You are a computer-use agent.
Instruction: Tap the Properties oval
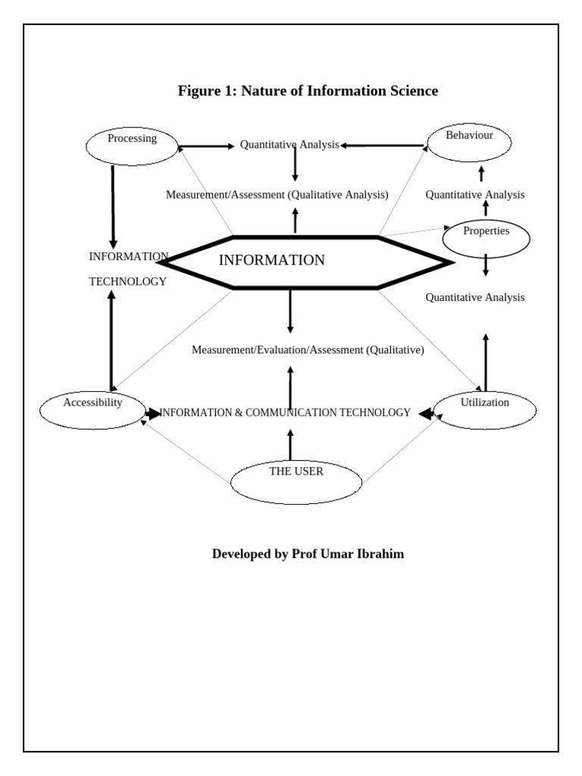point(486,237)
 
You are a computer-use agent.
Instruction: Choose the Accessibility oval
point(92,408)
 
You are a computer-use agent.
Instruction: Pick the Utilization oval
point(485,409)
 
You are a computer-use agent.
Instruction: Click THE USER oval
point(296,481)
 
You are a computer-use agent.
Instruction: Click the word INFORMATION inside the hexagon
point(271,261)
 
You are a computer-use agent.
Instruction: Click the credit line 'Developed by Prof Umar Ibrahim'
point(308,554)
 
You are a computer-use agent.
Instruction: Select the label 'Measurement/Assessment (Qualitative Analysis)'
point(277,195)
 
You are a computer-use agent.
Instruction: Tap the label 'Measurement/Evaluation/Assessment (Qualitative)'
point(308,350)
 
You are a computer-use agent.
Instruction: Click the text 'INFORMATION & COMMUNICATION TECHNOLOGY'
point(286,413)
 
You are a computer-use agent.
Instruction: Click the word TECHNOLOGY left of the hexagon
point(127,281)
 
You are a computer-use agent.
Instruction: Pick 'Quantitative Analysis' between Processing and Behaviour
point(289,145)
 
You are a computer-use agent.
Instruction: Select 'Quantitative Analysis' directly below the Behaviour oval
point(474,195)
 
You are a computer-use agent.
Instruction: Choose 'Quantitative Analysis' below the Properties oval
point(474,297)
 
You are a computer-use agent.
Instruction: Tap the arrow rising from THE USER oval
point(290,444)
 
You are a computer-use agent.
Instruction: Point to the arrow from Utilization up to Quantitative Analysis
point(485,361)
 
